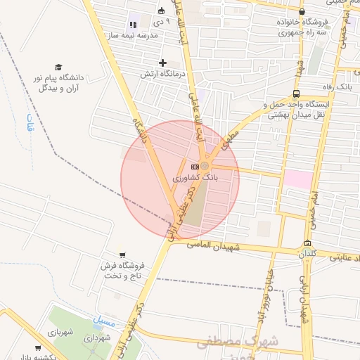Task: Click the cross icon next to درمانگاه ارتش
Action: [x=163, y=63]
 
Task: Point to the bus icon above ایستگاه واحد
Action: [x=296, y=93]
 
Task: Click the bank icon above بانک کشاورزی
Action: [x=195, y=166]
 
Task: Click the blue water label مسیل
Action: [x=101, y=321]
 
